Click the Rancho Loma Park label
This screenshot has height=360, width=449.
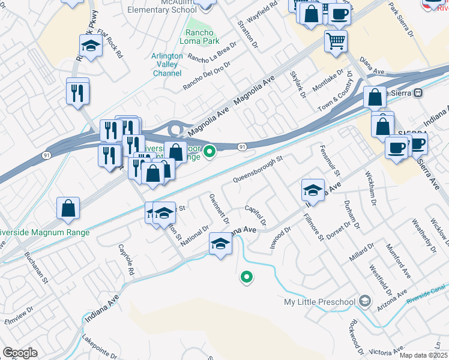tap(199, 37)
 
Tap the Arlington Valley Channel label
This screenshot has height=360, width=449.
tap(167, 65)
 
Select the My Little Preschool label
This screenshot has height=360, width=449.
tap(321, 301)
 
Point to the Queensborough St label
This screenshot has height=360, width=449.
tap(257, 170)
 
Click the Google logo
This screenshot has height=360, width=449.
tap(20, 353)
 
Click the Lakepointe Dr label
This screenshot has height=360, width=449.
tap(100, 349)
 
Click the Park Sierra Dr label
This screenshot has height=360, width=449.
tap(402, 20)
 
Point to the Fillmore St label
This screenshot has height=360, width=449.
tap(313, 227)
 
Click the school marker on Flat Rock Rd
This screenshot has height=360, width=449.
tap(90, 46)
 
